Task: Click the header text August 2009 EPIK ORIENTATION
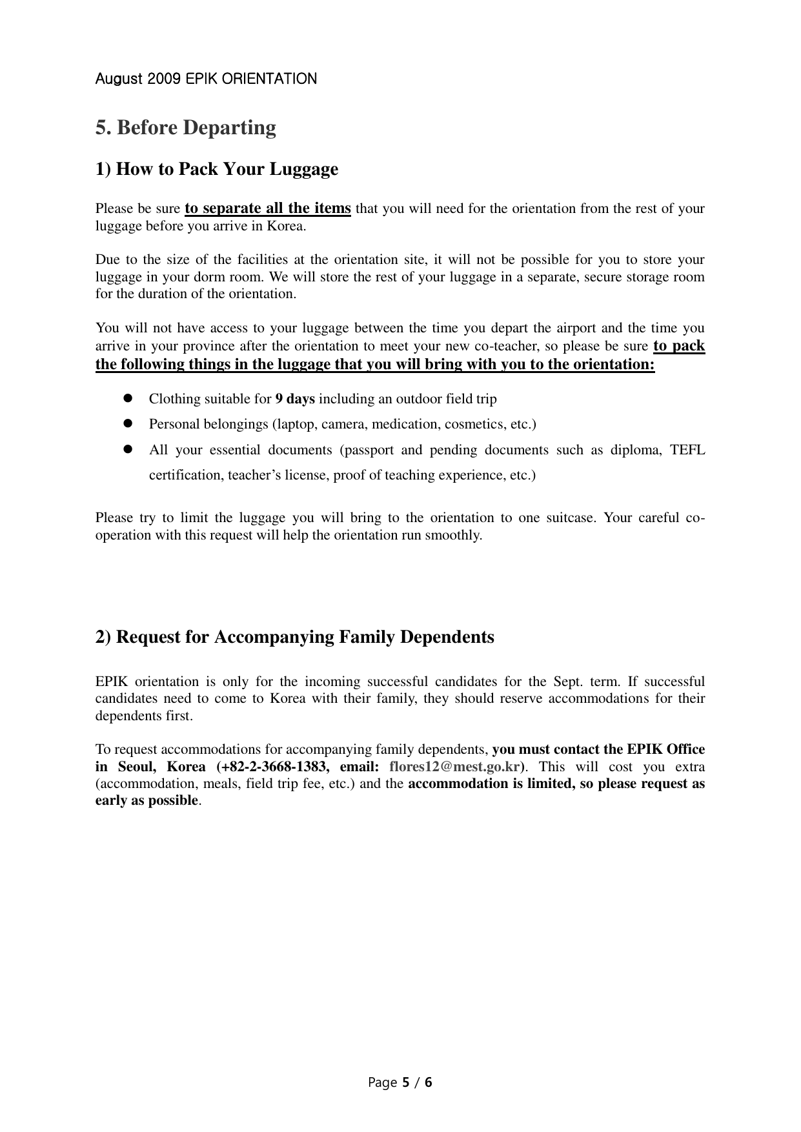point(206,79)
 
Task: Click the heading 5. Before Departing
point(186,127)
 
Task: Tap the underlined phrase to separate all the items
point(268,208)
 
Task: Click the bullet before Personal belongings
point(127,424)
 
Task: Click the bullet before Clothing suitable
point(127,399)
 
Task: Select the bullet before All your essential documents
point(127,449)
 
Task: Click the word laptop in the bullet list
point(296,424)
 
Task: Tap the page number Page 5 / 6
point(400,1082)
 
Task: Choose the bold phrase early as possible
point(147,800)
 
